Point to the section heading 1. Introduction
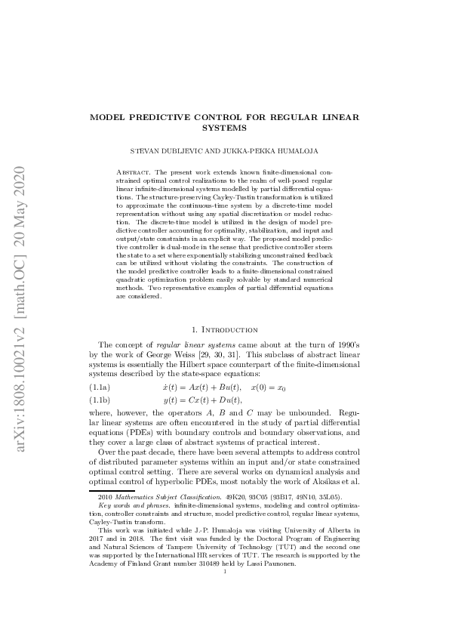[224, 329]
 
